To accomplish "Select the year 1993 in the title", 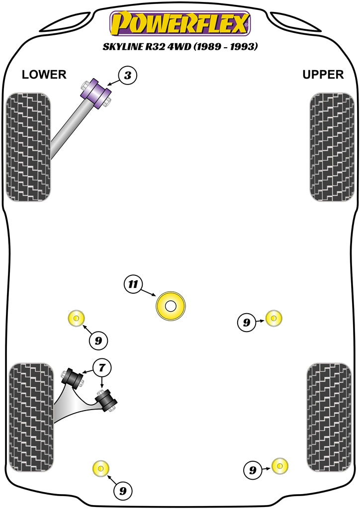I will (245, 48).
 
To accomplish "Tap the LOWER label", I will (44, 75).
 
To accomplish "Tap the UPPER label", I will (323, 75).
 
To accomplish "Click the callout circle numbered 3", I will (128, 76).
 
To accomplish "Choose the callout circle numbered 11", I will (132, 285).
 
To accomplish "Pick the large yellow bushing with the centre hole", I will (171, 306).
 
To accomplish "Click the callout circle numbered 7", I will (102, 368).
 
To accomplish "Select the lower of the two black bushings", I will (106, 400).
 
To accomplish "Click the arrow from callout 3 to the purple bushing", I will (113, 84).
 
